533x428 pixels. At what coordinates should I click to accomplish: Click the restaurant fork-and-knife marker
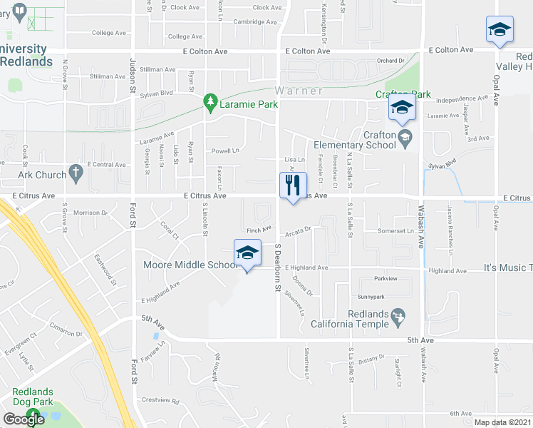click(293, 186)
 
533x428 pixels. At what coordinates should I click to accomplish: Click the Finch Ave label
click(259, 230)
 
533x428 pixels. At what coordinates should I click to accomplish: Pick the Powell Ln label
click(224, 151)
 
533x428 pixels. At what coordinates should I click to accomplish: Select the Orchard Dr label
click(391, 61)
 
